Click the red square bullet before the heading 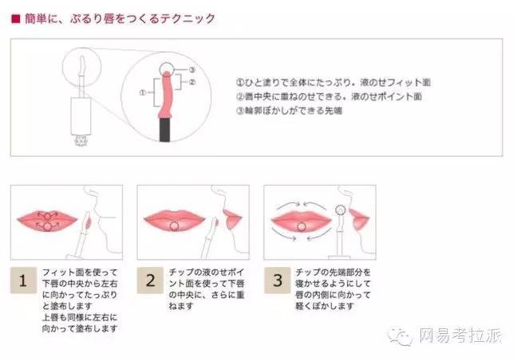(15, 15)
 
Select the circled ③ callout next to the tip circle (191, 70)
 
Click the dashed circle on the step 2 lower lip (174, 227)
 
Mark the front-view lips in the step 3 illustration (301, 220)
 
